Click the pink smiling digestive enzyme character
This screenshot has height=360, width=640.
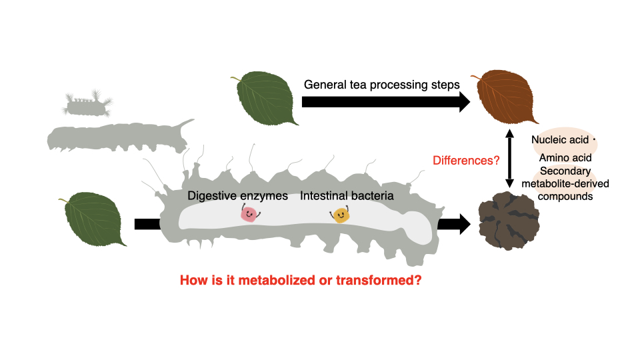[249, 213]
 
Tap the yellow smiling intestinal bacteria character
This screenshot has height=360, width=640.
[341, 215]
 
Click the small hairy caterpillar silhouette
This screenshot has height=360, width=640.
[87, 104]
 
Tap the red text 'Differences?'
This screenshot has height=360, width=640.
[465, 161]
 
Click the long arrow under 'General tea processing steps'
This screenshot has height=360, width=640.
[387, 101]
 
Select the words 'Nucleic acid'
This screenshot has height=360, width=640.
[559, 141]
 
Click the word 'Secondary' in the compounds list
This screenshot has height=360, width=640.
[565, 171]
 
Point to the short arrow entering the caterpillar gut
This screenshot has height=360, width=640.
[144, 223]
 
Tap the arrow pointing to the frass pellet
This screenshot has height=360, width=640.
[453, 224]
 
